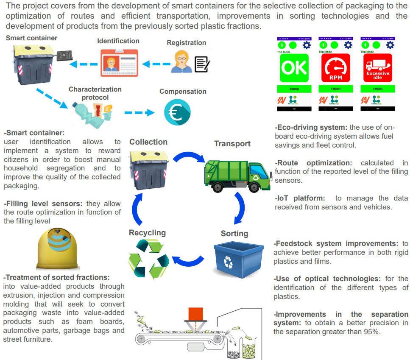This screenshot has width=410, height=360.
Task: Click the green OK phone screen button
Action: tap(293, 68)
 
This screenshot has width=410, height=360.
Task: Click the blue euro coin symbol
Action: tap(177, 113)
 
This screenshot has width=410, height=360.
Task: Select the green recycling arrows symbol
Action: tap(148, 259)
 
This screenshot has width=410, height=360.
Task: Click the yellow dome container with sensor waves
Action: tap(58, 250)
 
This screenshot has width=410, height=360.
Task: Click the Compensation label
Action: tap(183, 92)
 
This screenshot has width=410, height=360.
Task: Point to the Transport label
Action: tap(232, 144)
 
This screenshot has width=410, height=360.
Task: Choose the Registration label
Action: tap(186, 43)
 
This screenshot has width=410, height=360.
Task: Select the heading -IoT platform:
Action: tap(300, 198)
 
